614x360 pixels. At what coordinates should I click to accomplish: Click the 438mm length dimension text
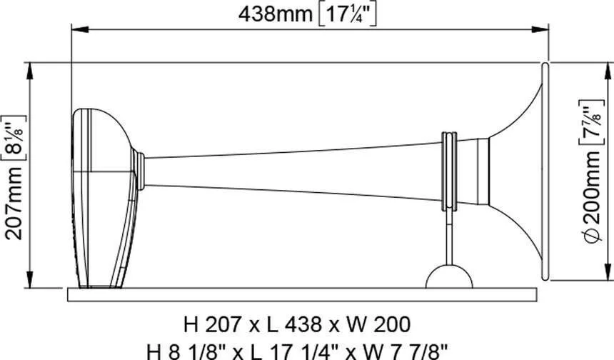point(276,14)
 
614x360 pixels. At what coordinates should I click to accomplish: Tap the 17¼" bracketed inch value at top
point(346,15)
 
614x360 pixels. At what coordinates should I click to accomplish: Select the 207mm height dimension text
point(14,204)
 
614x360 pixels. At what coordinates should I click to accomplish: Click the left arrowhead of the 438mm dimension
point(80,29)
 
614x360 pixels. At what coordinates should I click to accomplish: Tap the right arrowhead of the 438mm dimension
point(540,29)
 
